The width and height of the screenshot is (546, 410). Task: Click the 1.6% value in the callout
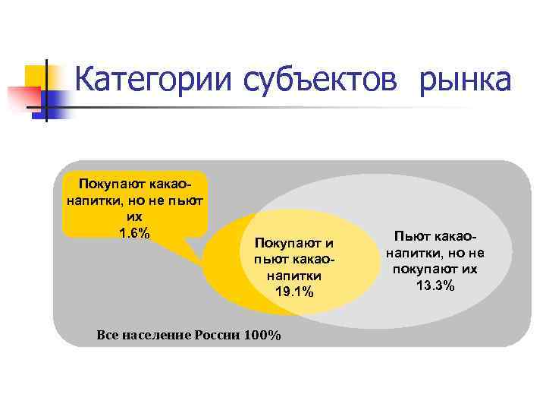point(135,232)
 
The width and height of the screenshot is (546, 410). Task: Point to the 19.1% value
point(293,292)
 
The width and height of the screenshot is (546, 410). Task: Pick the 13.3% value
point(435,285)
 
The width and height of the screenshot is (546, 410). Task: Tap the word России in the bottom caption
point(218,335)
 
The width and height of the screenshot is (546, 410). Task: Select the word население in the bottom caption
point(155,335)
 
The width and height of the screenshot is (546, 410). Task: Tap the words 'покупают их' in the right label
point(435,270)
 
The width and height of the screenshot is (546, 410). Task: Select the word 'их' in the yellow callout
point(135,217)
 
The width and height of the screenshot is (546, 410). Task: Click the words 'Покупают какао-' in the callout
point(135,186)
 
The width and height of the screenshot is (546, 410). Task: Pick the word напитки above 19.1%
point(293,276)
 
